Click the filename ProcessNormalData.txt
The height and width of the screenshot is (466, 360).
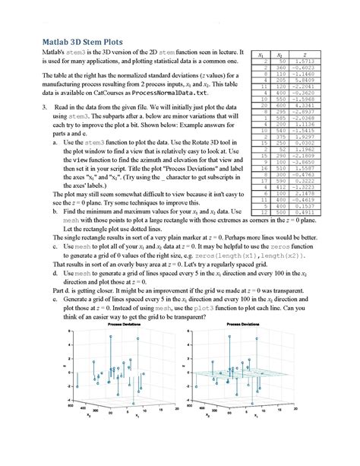click(166, 91)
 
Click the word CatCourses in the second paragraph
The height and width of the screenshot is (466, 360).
click(96, 91)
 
